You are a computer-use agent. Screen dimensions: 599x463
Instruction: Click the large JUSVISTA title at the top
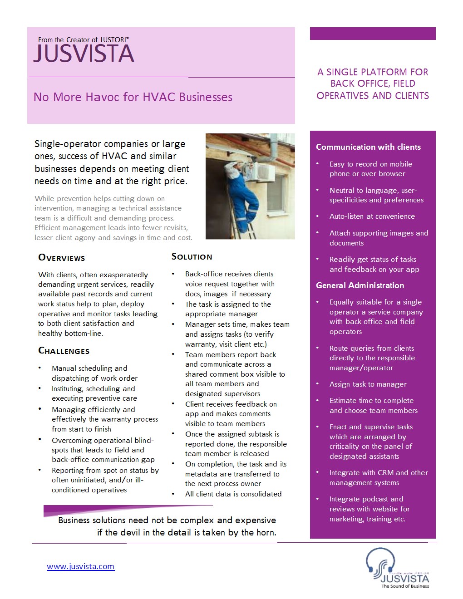(x=84, y=54)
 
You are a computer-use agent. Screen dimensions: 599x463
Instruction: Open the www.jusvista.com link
(x=81, y=566)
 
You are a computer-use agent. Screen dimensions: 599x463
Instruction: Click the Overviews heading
(x=62, y=258)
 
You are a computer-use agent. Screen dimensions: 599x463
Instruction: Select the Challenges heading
(x=64, y=351)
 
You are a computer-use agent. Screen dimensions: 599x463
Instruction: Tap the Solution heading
(x=192, y=257)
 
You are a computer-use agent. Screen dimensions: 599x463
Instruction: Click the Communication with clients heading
(x=368, y=147)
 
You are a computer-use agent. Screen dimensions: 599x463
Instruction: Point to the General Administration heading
(x=360, y=285)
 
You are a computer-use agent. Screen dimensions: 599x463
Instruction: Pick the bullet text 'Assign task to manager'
(x=368, y=384)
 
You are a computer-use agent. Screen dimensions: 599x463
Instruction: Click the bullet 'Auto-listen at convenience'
(x=372, y=216)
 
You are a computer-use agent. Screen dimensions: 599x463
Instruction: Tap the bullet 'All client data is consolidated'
(x=233, y=494)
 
